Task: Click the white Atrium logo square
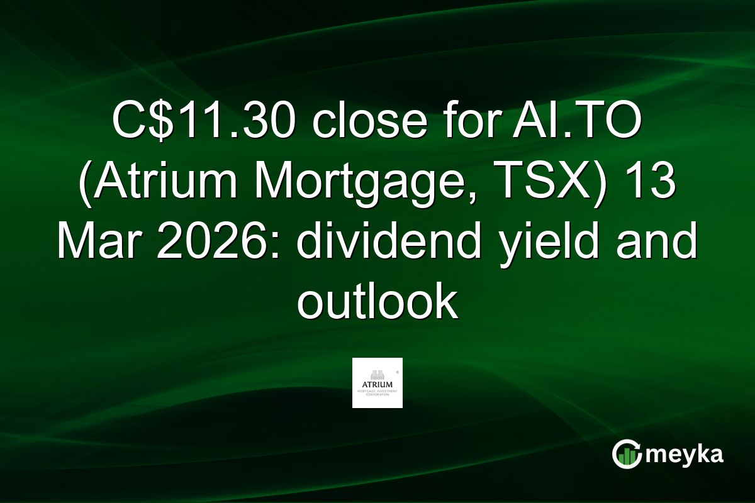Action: point(377,383)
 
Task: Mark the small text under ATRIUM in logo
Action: point(377,392)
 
